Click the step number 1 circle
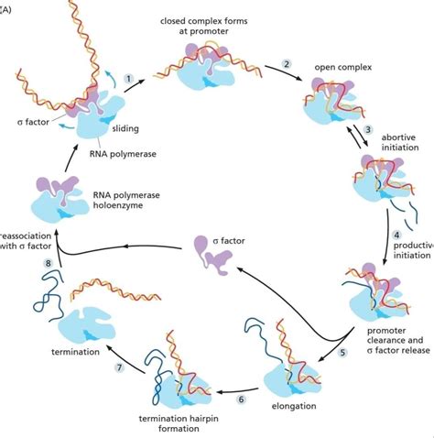(x=129, y=79)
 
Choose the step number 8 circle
(x=22, y=264)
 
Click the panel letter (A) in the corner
(x=7, y=6)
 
